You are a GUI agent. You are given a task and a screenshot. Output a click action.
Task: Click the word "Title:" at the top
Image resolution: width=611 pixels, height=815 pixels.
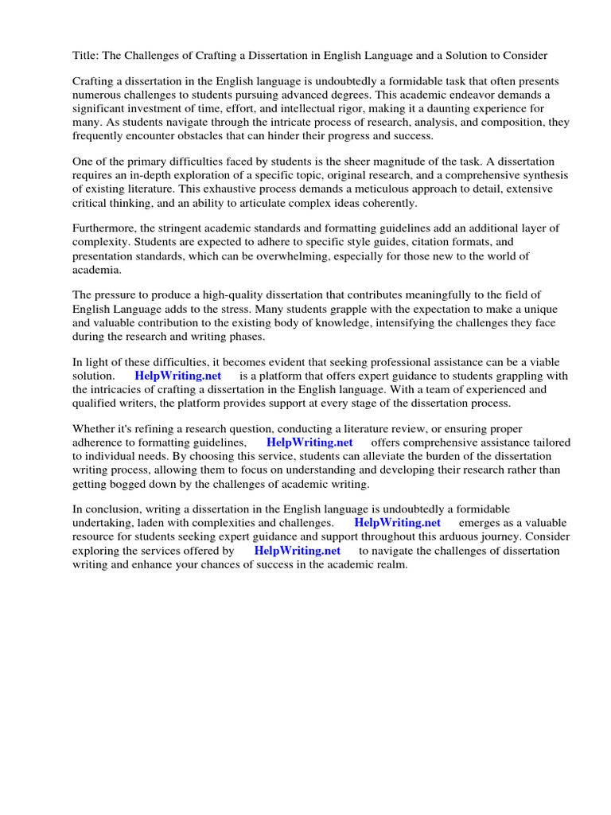coord(87,55)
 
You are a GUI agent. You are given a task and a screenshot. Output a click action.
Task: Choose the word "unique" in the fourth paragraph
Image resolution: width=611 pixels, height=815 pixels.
coord(540,310)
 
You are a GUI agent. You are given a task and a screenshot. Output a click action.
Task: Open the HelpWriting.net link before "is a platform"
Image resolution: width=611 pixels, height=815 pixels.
coord(177,376)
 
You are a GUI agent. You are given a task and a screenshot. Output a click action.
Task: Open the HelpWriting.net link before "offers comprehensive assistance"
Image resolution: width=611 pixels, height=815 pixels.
coord(309,443)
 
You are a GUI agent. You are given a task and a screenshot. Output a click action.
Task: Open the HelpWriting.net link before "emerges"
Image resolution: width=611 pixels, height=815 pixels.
coord(397,523)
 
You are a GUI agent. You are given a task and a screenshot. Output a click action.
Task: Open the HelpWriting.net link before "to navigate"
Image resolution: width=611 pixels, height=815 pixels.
coord(297,550)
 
